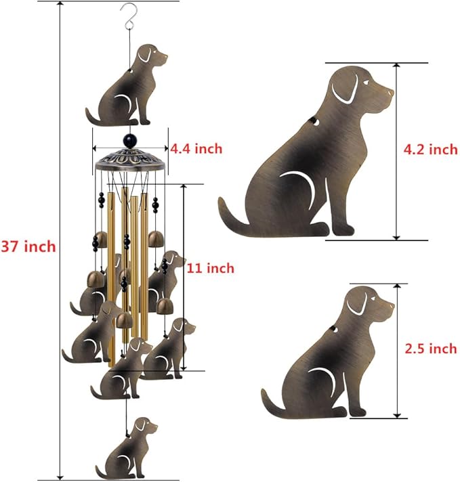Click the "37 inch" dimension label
pos(28,246)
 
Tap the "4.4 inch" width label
pos(196,148)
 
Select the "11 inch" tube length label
pos(211,268)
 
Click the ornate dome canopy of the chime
pos(130,160)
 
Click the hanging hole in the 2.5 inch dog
pos(333,330)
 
